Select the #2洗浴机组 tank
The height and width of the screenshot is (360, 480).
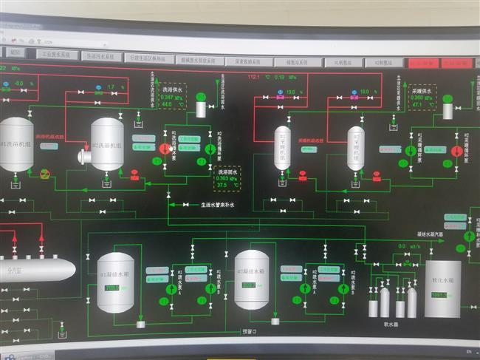point(107,144)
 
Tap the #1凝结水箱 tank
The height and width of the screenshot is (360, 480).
point(116,283)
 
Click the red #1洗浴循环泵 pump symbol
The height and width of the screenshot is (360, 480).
point(164,149)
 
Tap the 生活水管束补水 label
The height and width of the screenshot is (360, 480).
point(222,206)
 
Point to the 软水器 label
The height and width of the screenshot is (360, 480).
point(391,323)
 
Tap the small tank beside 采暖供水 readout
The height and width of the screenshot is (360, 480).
point(448,109)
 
